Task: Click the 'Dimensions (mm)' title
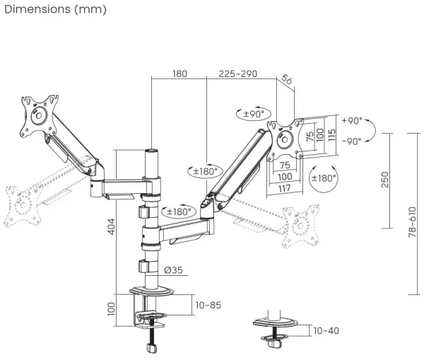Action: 55,9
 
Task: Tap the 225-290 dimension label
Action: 238,74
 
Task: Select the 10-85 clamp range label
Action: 208,305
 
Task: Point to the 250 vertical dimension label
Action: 383,180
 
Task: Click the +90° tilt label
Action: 351,120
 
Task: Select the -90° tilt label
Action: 351,141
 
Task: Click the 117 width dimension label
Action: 284,188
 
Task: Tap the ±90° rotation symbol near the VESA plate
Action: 253,113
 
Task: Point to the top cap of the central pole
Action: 151,151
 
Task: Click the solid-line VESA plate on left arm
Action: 37,115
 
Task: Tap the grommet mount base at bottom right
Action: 274,326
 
